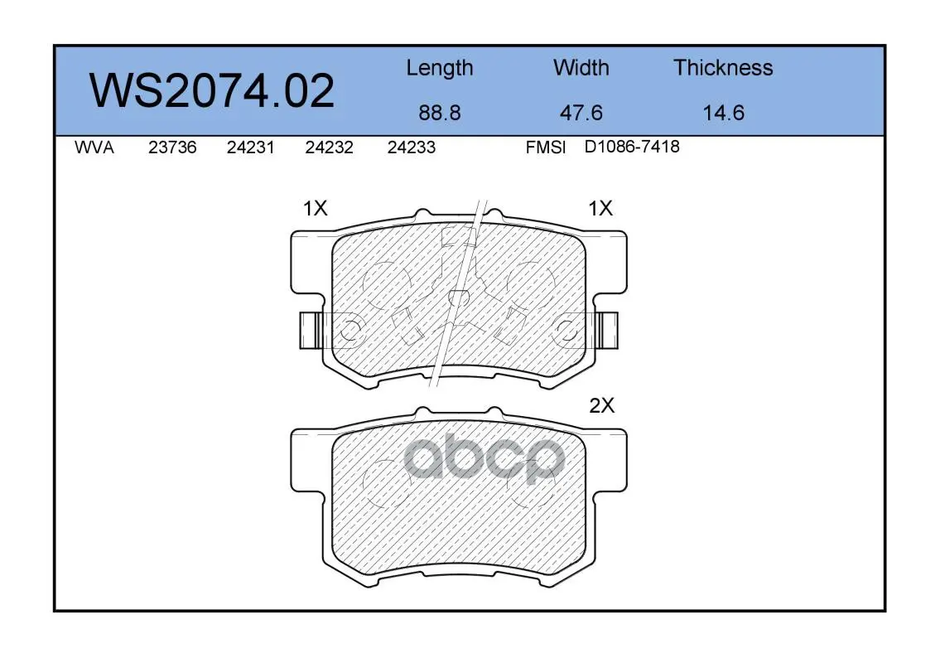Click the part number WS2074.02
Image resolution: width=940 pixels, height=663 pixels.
[x=212, y=91]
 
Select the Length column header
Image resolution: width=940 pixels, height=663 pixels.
[x=440, y=69]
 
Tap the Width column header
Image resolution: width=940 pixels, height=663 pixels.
[x=581, y=67]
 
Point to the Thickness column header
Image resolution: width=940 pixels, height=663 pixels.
[x=723, y=67]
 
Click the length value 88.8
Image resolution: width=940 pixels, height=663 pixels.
[x=440, y=113]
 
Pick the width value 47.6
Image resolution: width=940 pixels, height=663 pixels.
[x=581, y=113]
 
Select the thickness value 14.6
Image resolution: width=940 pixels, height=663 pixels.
[x=724, y=113]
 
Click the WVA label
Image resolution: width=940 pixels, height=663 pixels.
[x=94, y=148]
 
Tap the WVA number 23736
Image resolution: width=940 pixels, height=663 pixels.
[x=172, y=148]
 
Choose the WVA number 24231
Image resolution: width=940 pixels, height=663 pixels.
[x=251, y=148]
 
